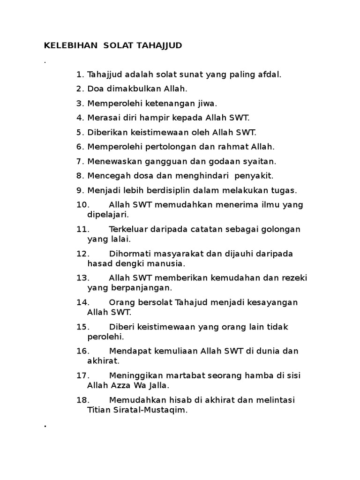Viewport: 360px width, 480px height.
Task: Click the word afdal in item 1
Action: click(269, 75)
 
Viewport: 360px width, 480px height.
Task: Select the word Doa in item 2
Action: click(97, 89)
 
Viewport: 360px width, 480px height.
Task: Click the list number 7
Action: click(80, 161)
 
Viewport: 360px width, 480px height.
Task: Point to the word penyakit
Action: click(251, 176)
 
